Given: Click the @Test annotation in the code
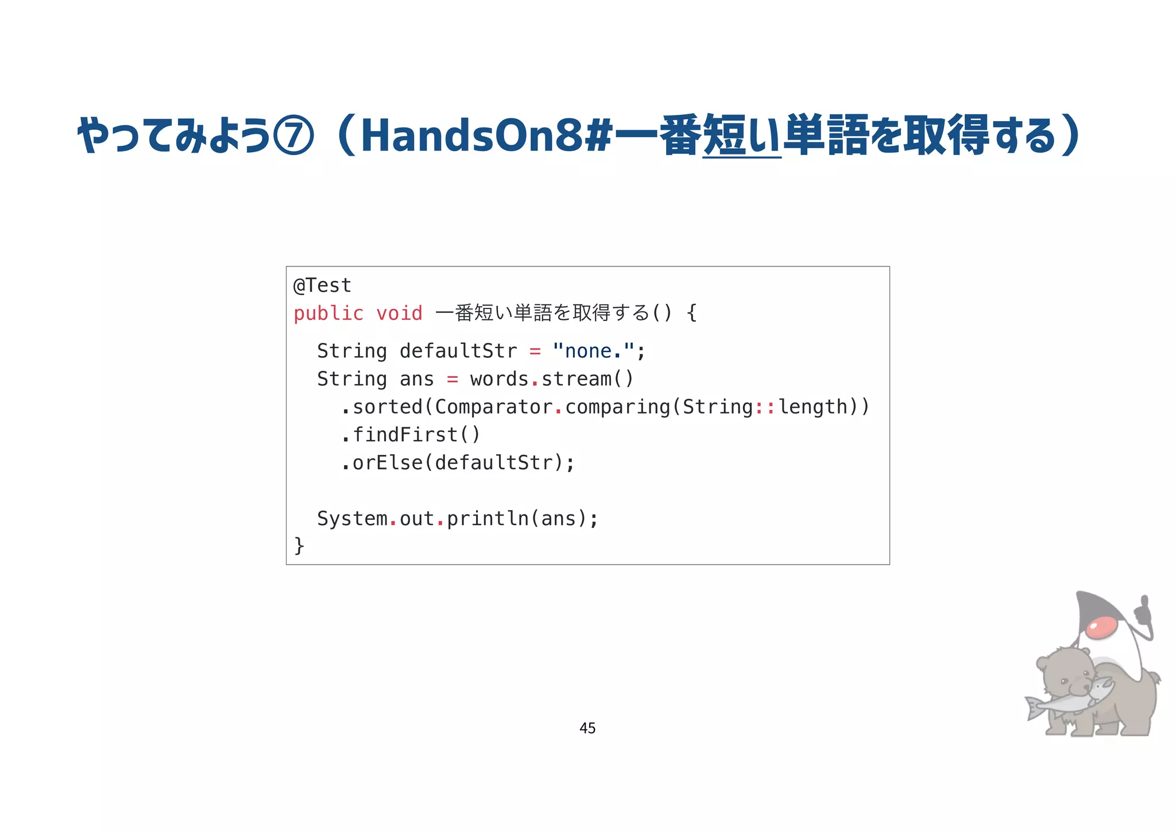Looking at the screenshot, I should (x=322, y=285).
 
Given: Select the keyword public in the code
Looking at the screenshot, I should (x=328, y=314).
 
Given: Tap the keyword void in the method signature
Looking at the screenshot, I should (x=399, y=314).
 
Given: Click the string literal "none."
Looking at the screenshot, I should (x=593, y=351).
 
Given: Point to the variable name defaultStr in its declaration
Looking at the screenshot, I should (x=458, y=351).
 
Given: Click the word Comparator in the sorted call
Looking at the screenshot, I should (x=494, y=407).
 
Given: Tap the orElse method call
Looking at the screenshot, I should (x=388, y=462).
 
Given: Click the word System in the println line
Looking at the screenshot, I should (x=352, y=519).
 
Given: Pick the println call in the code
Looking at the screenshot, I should (x=487, y=519).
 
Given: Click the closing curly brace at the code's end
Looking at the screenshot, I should (x=299, y=545).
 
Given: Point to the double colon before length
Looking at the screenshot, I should (x=765, y=407).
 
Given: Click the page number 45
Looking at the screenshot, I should (x=587, y=728).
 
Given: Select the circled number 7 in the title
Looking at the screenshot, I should (x=294, y=136).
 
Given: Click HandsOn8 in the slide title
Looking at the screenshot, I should (x=471, y=136).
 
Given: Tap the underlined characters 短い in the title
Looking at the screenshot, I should (x=742, y=136).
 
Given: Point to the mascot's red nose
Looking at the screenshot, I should (x=1101, y=627).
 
